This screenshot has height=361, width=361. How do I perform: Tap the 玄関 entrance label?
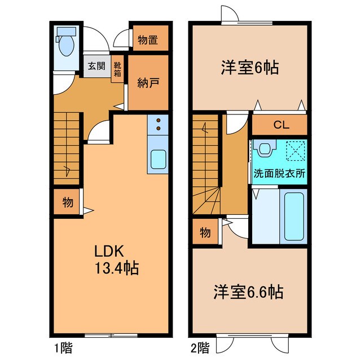click(96, 65)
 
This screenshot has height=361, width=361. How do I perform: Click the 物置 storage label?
click(147, 41)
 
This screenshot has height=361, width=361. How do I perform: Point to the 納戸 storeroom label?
click(148, 82)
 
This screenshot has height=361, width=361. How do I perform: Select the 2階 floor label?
click(199, 346)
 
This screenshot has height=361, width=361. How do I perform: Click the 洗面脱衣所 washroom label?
click(279, 174)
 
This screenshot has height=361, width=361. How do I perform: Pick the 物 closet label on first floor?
click(67, 204)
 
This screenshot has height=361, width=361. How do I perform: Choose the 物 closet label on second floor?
click(205, 232)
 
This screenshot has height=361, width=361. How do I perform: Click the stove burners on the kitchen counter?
click(158, 124)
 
